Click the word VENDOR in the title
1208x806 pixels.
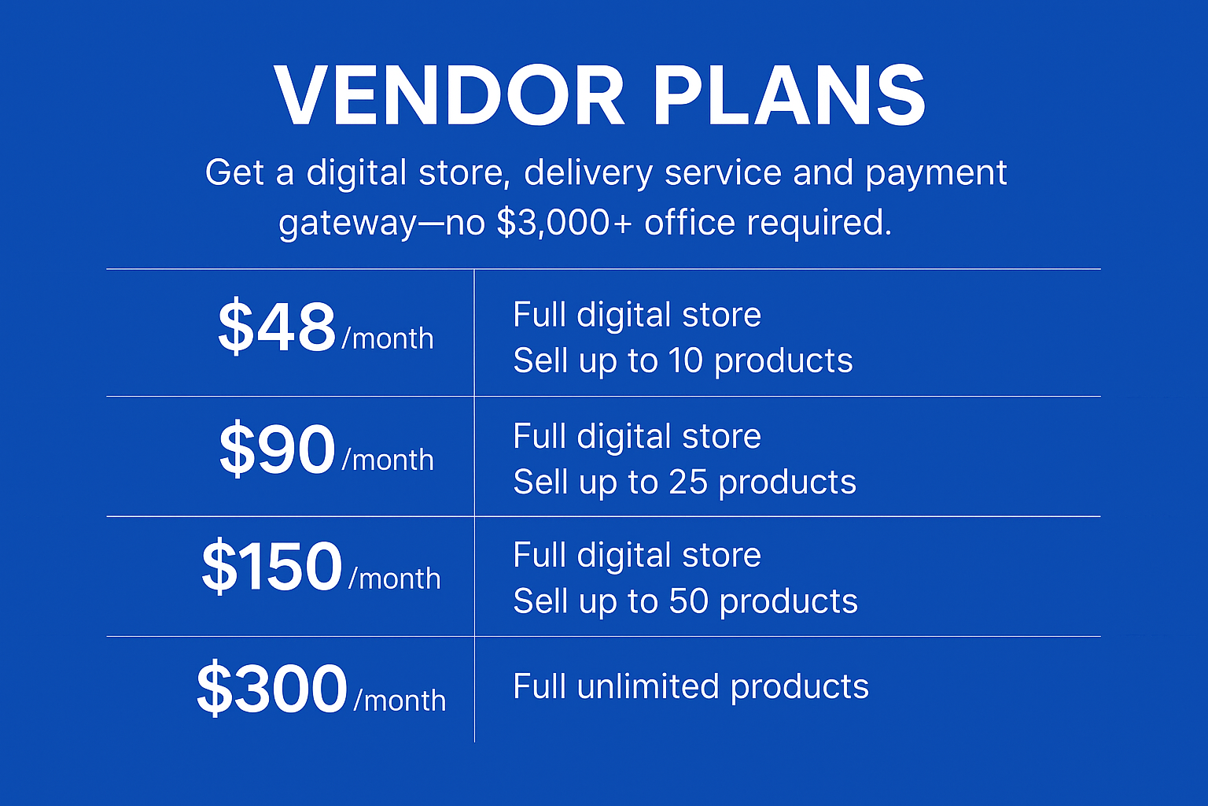(x=449, y=95)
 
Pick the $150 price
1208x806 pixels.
(x=272, y=567)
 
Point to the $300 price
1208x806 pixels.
(x=271, y=689)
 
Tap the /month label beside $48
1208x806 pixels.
(x=388, y=339)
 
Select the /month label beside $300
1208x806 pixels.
(x=400, y=701)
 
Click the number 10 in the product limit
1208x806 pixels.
(x=686, y=360)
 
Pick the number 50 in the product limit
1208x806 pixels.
(x=688, y=601)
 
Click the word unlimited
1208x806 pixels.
(x=648, y=686)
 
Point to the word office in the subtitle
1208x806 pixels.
(x=690, y=222)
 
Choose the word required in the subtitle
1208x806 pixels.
(x=819, y=222)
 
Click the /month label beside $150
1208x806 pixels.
(x=395, y=579)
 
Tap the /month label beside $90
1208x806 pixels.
(x=388, y=460)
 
